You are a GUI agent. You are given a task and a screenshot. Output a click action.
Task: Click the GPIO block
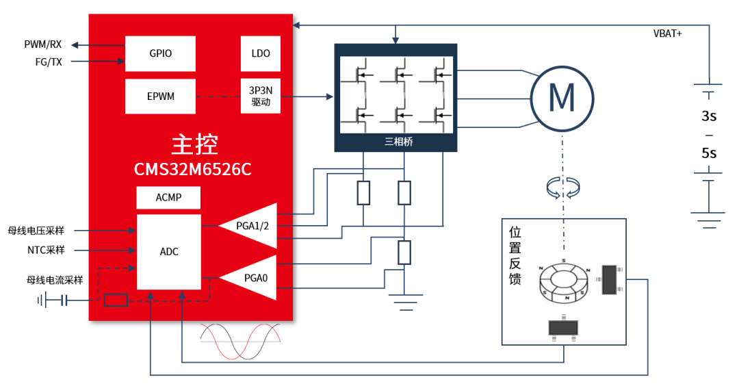point(160,54)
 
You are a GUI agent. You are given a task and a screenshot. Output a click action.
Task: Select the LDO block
point(261,54)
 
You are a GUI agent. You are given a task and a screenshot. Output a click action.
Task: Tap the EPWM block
point(160,96)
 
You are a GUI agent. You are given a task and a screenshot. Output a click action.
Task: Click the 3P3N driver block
point(261,96)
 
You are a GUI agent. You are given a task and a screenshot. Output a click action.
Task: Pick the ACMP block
point(168,198)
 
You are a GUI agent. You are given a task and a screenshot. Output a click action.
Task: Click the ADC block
point(169,252)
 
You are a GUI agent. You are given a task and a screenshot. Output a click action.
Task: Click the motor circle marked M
point(562,99)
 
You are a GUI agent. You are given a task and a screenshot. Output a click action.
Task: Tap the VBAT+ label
point(667,34)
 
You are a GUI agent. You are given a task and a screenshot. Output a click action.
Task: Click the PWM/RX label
point(43,44)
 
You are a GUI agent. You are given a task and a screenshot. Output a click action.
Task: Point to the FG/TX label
point(49,62)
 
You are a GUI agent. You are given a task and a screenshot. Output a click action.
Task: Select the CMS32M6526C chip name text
point(193,169)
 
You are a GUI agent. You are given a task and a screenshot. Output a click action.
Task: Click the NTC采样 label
point(46,250)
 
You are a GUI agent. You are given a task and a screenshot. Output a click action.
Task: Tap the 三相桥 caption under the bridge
point(399,142)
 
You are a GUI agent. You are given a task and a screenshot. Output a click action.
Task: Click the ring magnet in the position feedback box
point(564,281)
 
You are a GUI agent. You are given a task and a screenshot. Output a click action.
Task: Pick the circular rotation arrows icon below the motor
point(563,188)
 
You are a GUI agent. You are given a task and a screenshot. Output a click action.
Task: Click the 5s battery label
point(709,153)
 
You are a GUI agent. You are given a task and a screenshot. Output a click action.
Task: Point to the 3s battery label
point(709,116)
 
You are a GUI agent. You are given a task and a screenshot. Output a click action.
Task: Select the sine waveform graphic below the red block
point(240,341)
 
